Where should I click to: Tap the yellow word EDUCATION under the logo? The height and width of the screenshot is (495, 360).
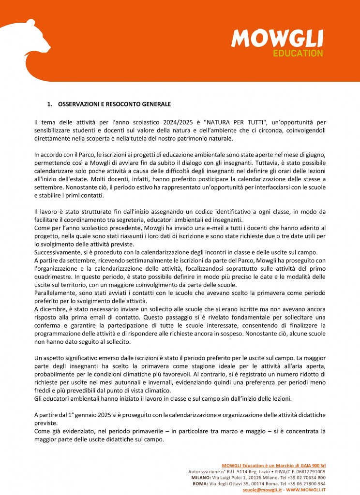coord(298,53)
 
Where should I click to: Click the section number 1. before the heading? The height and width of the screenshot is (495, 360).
coord(49,104)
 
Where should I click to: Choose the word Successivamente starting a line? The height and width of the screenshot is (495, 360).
coord(59,251)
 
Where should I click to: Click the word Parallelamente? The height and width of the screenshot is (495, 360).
coord(56,291)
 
